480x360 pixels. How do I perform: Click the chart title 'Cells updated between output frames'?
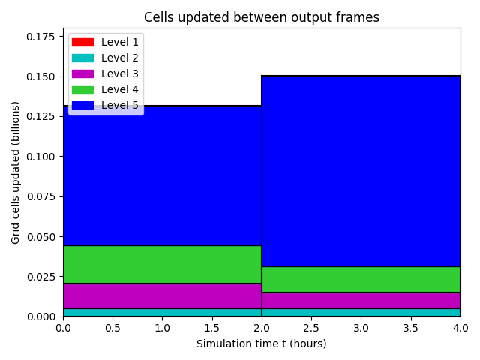(262, 17)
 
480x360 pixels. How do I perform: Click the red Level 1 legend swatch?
(82, 42)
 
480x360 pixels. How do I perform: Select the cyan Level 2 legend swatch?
(82, 58)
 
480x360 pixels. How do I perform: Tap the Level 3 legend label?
(120, 73)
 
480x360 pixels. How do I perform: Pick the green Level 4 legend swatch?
(82, 90)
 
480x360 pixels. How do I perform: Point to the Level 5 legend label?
(120, 105)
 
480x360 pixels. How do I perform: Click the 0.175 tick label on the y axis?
(40, 37)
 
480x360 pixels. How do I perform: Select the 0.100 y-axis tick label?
(40, 157)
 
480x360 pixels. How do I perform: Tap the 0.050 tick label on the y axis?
(40, 237)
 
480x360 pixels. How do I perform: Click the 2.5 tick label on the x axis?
(311, 328)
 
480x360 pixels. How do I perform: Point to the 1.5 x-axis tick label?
(211, 328)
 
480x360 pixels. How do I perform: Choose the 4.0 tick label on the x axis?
(460, 328)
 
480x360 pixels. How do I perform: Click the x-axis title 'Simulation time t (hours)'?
(262, 343)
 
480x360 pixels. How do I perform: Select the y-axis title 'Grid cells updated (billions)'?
(15, 172)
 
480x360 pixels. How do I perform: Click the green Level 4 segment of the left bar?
(162, 265)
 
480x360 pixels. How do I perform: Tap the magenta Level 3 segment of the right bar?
(361, 300)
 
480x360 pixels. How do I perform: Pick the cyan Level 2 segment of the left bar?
(162, 312)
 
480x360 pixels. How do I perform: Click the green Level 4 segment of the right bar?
(361, 280)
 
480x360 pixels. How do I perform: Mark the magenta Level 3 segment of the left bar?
(162, 296)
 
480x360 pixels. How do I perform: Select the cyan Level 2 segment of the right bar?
(361, 312)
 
